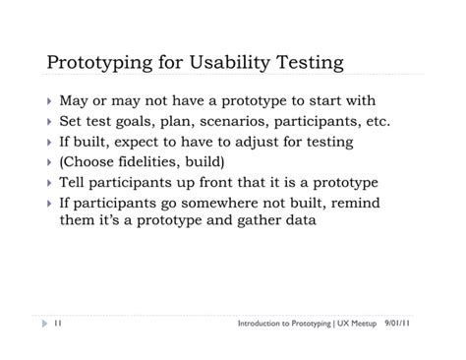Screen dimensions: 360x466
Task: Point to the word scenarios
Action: [235, 122]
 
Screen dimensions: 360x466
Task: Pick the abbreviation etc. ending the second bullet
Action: [374, 122]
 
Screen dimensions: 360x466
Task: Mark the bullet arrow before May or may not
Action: [49, 102]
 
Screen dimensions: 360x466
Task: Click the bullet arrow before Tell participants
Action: [49, 183]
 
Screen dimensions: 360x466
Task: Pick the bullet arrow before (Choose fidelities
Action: [49, 162]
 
